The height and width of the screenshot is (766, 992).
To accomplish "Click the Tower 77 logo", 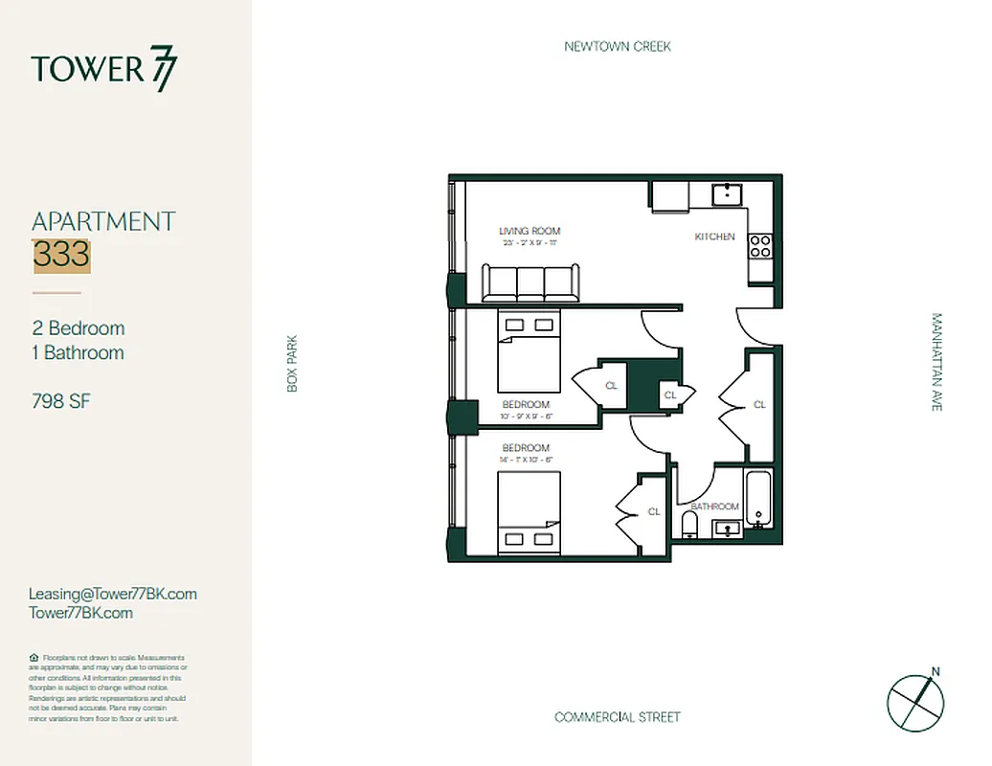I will pyautogui.click(x=103, y=71).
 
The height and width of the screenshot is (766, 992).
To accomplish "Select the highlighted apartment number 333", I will pyautogui.click(x=61, y=255).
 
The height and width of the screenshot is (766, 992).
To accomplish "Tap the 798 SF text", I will pyautogui.click(x=61, y=401).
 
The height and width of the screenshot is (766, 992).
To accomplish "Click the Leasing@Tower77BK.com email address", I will pyautogui.click(x=113, y=594).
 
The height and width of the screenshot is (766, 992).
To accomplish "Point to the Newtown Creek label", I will pyautogui.click(x=617, y=46).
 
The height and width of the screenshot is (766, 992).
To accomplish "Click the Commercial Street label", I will pyautogui.click(x=617, y=717).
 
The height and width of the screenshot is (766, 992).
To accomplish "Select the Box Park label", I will pyautogui.click(x=293, y=363).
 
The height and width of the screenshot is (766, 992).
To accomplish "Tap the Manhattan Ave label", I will pyautogui.click(x=936, y=363).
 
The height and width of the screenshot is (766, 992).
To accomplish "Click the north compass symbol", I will pyautogui.click(x=916, y=700).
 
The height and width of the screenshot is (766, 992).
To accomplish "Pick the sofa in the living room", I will pyautogui.click(x=530, y=283).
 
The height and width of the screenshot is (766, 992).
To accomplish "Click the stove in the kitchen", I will pyautogui.click(x=760, y=246).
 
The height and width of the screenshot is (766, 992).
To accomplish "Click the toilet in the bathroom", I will pyautogui.click(x=688, y=523).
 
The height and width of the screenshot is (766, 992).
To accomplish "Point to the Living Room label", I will pyautogui.click(x=529, y=231).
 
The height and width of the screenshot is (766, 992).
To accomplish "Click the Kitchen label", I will pyautogui.click(x=714, y=237).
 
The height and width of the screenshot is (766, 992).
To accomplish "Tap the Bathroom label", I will pyautogui.click(x=715, y=507).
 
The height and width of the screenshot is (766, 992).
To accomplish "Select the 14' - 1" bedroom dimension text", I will pyautogui.click(x=526, y=461).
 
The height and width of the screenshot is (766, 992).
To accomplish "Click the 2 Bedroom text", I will pyautogui.click(x=79, y=328).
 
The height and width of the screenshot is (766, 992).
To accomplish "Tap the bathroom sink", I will pyautogui.click(x=726, y=528).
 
